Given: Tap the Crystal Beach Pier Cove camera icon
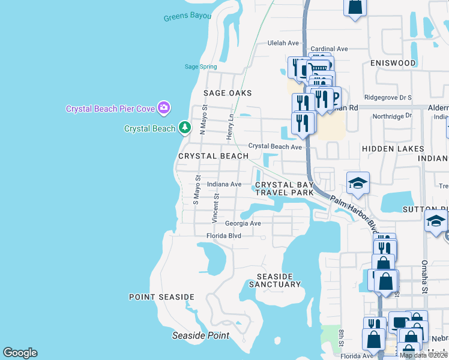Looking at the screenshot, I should (x=163, y=108).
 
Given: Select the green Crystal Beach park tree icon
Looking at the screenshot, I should (x=185, y=128).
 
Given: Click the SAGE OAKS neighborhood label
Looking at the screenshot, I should (x=228, y=93).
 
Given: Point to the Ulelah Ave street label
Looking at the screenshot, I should (x=283, y=43).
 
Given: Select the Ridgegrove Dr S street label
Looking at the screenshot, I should (x=388, y=97).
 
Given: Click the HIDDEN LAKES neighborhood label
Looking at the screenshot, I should (x=393, y=148).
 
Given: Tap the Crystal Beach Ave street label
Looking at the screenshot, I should (x=275, y=146).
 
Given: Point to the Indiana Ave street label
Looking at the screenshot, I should (x=224, y=184).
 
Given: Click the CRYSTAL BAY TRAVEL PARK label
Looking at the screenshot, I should (x=285, y=189).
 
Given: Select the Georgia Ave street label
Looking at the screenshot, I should (x=243, y=223).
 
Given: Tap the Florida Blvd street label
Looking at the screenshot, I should (x=224, y=236).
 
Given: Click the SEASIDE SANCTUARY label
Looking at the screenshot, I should (x=274, y=280).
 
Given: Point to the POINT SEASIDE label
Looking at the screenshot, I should (x=161, y=297).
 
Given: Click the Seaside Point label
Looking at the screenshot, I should (x=200, y=335).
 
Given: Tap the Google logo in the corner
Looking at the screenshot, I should (x=20, y=353).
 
